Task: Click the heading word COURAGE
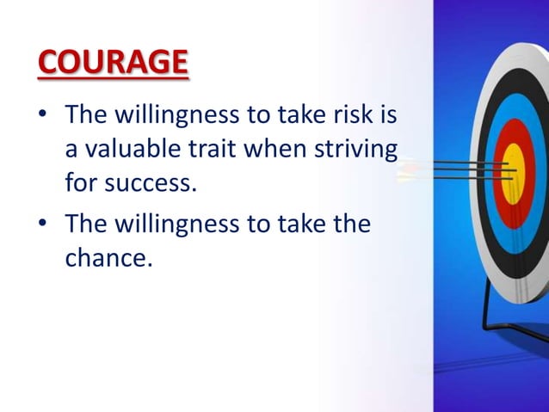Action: point(112,63)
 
